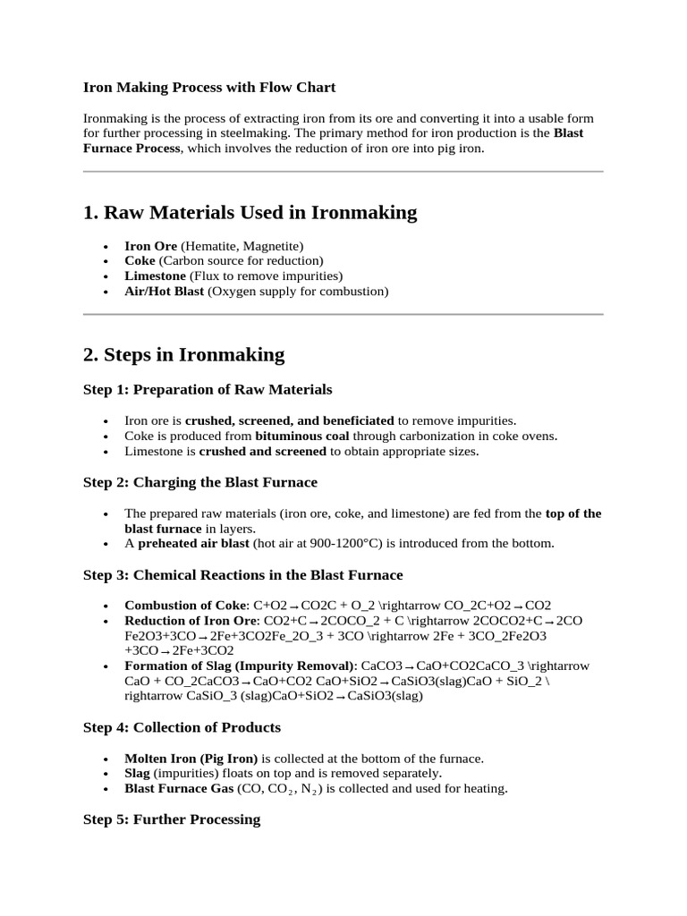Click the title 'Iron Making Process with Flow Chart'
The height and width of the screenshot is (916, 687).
click(x=209, y=88)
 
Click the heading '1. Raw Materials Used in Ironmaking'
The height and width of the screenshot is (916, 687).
click(x=250, y=213)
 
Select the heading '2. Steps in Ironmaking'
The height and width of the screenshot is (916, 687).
click(x=183, y=354)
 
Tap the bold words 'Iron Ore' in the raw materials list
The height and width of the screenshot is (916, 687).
click(x=150, y=246)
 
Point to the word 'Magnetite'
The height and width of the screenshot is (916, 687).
click(x=271, y=246)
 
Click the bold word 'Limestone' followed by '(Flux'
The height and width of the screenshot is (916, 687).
click(x=155, y=276)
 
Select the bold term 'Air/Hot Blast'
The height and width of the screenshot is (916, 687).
click(x=164, y=292)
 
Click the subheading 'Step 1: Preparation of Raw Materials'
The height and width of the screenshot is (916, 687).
click(x=208, y=390)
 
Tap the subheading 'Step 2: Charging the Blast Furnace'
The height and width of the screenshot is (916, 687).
click(x=200, y=483)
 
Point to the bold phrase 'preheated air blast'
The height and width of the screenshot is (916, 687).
click(x=192, y=544)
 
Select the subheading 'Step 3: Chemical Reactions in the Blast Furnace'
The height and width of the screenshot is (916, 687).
click(x=243, y=575)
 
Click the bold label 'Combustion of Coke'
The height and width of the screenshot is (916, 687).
click(x=186, y=606)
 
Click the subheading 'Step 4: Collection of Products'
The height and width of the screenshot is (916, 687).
click(x=182, y=727)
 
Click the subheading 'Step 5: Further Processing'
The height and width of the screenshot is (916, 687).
click(x=172, y=819)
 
